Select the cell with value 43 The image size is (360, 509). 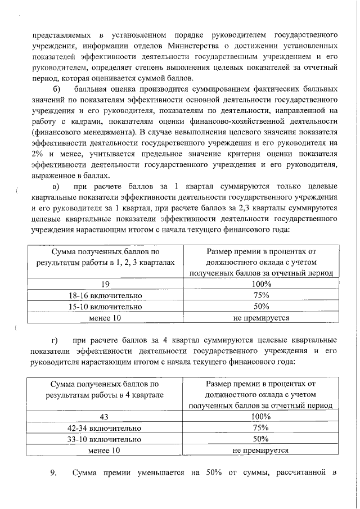point(103,417)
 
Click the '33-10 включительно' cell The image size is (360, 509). point(103,439)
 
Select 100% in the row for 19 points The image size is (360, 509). point(261,284)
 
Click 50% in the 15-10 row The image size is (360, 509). point(261,307)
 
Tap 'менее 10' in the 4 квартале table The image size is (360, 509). point(103,451)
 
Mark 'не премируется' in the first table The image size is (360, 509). point(261,318)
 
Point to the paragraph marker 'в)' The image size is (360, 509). point(56,186)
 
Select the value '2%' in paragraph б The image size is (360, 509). point(38,153)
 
